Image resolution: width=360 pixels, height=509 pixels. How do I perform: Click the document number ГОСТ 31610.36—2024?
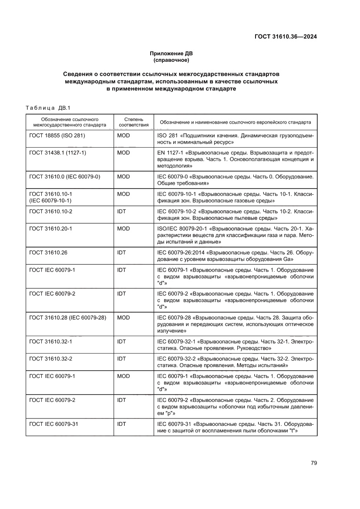tap(285, 37)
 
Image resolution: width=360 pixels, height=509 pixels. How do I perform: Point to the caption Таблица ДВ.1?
tap(45, 108)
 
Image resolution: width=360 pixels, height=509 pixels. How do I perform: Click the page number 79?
tap(313, 463)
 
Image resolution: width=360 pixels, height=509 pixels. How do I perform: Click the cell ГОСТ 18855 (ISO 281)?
tap(57, 135)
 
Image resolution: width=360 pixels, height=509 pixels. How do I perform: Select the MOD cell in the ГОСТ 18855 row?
tap(124, 135)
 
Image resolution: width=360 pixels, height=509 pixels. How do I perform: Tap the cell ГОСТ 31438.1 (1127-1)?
tap(58, 153)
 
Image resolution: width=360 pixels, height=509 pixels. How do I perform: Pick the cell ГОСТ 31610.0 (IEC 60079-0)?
tap(65, 177)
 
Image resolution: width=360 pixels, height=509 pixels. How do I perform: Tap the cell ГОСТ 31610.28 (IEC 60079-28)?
tap(67, 317)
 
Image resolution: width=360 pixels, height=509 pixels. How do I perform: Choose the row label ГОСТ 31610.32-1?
tap(50, 341)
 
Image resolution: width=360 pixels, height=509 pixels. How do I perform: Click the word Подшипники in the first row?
tap(201, 135)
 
